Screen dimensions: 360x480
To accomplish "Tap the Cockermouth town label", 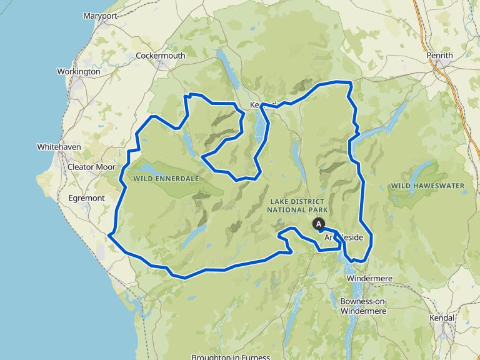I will [161, 56].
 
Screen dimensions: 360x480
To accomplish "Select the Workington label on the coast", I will [78, 72].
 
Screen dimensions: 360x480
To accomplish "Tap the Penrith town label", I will [439, 56].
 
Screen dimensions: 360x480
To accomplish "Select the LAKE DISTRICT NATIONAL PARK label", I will [297, 205].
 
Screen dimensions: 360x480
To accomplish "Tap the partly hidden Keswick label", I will [262, 104].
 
